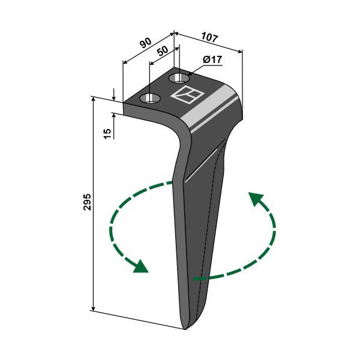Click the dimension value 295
point(88,202)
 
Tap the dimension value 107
point(209,37)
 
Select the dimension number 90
point(146,43)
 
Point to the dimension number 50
point(163,51)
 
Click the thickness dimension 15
point(107,134)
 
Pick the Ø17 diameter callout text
point(212,60)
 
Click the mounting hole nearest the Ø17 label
point(179,79)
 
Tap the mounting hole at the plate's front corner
point(150,98)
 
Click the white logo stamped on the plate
point(187,94)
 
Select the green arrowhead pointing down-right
point(141,267)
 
